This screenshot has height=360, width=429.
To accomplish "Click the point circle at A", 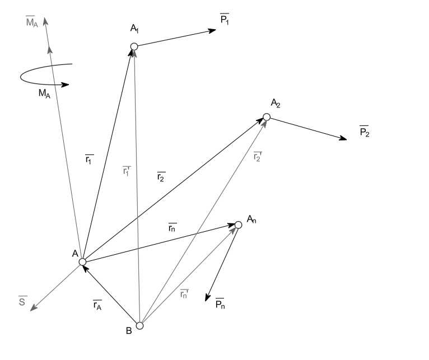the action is click(x=82, y=261).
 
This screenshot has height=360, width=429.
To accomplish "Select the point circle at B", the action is click(x=140, y=325).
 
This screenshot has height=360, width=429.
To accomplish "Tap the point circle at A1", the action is click(x=134, y=46).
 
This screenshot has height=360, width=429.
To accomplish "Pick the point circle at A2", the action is click(x=267, y=117).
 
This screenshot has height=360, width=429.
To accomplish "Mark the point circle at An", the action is click(x=238, y=225).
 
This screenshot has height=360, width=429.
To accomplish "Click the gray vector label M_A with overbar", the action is click(x=32, y=24).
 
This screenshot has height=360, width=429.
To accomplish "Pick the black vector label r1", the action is click(x=90, y=160).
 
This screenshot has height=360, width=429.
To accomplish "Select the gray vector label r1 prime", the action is click(x=127, y=171).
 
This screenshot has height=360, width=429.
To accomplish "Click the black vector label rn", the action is click(x=173, y=228).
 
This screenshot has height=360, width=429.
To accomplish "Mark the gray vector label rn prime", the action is click(x=185, y=293).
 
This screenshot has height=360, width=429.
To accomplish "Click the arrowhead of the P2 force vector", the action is click(x=343, y=138).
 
